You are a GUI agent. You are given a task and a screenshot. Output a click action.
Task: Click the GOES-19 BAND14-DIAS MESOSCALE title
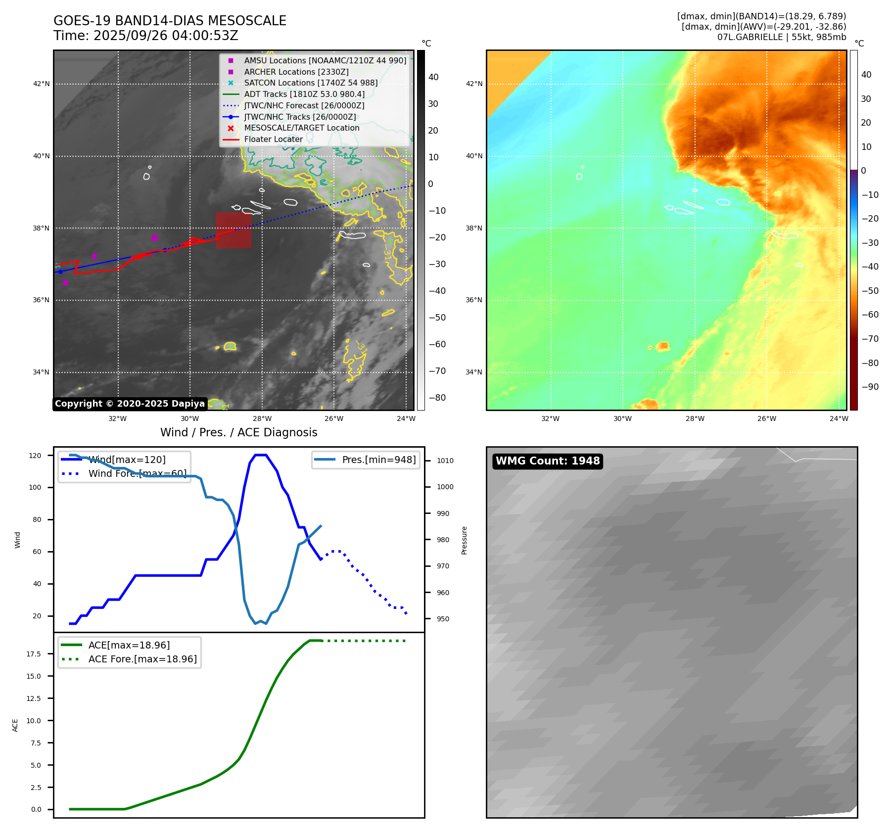click(x=170, y=21)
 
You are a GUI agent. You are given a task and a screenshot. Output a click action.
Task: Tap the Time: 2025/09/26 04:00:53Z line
click(x=146, y=36)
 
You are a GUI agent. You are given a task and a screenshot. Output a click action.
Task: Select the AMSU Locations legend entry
click(x=325, y=60)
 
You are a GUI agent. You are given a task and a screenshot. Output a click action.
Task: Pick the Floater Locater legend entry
click(x=273, y=139)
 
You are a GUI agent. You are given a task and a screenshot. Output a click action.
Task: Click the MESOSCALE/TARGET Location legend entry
click(x=301, y=128)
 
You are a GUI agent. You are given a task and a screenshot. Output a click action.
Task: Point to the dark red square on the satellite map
click(x=233, y=230)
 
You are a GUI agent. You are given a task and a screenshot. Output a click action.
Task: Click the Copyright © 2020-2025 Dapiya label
click(x=130, y=404)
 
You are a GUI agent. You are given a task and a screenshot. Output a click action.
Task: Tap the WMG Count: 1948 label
click(x=548, y=461)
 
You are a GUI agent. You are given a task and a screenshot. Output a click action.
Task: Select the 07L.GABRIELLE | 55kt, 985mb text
click(x=782, y=37)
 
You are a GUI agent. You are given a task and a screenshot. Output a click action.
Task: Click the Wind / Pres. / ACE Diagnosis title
click(x=238, y=432)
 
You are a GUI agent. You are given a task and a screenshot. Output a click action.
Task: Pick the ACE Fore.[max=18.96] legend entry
click(x=142, y=659)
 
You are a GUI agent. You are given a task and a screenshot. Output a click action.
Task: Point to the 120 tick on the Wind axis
click(x=35, y=456)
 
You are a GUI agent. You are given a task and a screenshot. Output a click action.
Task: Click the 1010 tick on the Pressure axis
click(x=445, y=461)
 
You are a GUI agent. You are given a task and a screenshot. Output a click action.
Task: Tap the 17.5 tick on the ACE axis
click(x=34, y=654)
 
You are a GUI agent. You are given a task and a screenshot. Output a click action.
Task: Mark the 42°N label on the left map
click(x=42, y=84)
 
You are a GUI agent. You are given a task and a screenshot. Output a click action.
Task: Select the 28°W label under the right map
click(x=695, y=418)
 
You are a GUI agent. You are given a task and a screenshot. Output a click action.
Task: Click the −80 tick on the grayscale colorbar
click(x=437, y=398)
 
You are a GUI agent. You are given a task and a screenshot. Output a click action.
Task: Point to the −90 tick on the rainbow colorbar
click(x=870, y=387)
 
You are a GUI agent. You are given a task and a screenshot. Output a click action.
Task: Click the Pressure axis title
click(x=464, y=540)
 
